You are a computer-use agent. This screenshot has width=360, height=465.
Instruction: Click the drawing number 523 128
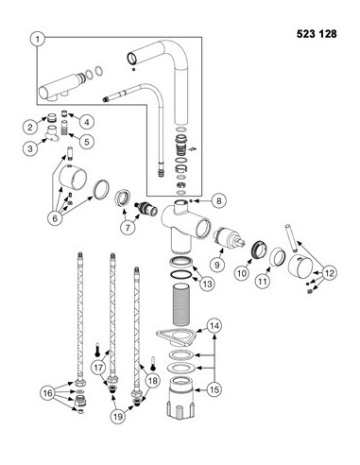click(x=317, y=34)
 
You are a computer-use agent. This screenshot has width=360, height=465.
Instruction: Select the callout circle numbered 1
click(x=38, y=40)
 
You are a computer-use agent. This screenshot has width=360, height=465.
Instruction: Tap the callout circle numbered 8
click(x=218, y=200)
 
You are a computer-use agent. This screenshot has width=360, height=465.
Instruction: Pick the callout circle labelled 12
click(x=329, y=273)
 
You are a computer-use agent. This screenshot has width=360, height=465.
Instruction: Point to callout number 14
click(x=214, y=325)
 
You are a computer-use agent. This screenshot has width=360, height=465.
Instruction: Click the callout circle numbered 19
click(x=118, y=417)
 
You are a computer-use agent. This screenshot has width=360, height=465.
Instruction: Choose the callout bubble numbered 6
click(x=55, y=218)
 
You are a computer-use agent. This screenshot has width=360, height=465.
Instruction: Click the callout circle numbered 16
click(x=48, y=393)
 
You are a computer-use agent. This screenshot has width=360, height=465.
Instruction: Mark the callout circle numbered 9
click(x=216, y=265)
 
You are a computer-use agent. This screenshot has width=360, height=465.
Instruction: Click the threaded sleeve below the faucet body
click(x=181, y=304)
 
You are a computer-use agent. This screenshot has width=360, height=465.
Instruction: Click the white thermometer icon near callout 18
click(x=153, y=363)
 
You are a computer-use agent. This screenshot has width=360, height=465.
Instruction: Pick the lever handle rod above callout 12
click(x=291, y=238)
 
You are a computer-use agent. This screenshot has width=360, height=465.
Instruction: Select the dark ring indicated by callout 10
click(x=260, y=250)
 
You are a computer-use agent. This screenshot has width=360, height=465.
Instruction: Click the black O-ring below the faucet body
click(x=181, y=275)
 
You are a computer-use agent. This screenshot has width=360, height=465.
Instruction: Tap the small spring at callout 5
click(x=65, y=128)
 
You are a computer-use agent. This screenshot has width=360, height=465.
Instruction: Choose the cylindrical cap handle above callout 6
click(x=74, y=175)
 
